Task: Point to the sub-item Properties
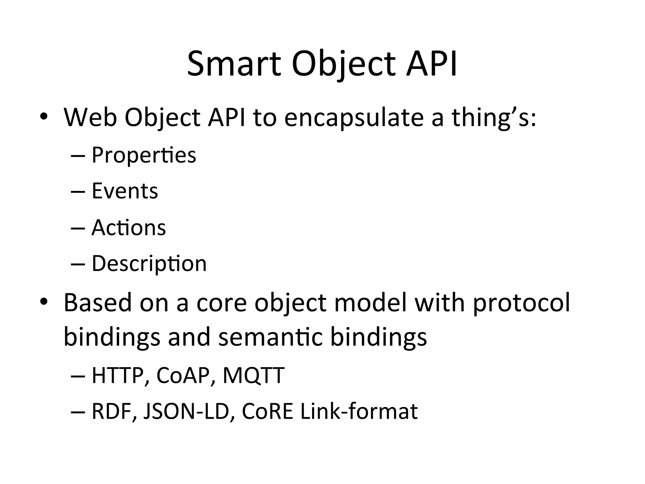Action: click(x=144, y=155)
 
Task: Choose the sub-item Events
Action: click(x=125, y=191)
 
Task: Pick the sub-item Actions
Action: click(x=128, y=228)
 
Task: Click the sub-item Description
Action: click(x=149, y=263)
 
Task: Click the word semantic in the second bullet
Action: click(x=270, y=337)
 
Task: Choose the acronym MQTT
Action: click(x=253, y=376)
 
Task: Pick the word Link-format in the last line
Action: click(x=359, y=412)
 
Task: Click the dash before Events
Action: click(x=78, y=192)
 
